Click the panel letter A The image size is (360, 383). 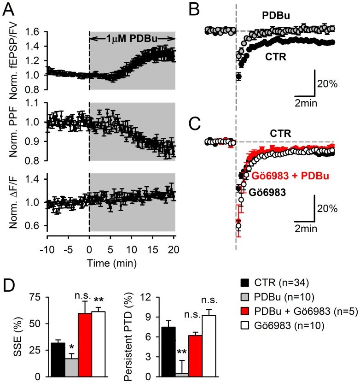click(9, 8)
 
